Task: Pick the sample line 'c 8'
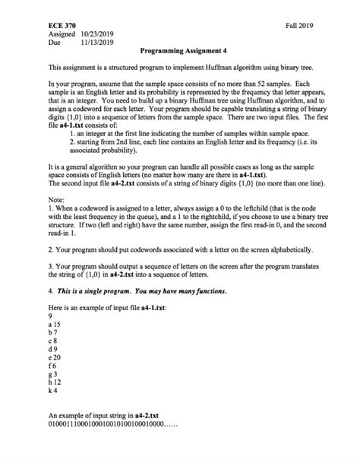click(52, 340)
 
